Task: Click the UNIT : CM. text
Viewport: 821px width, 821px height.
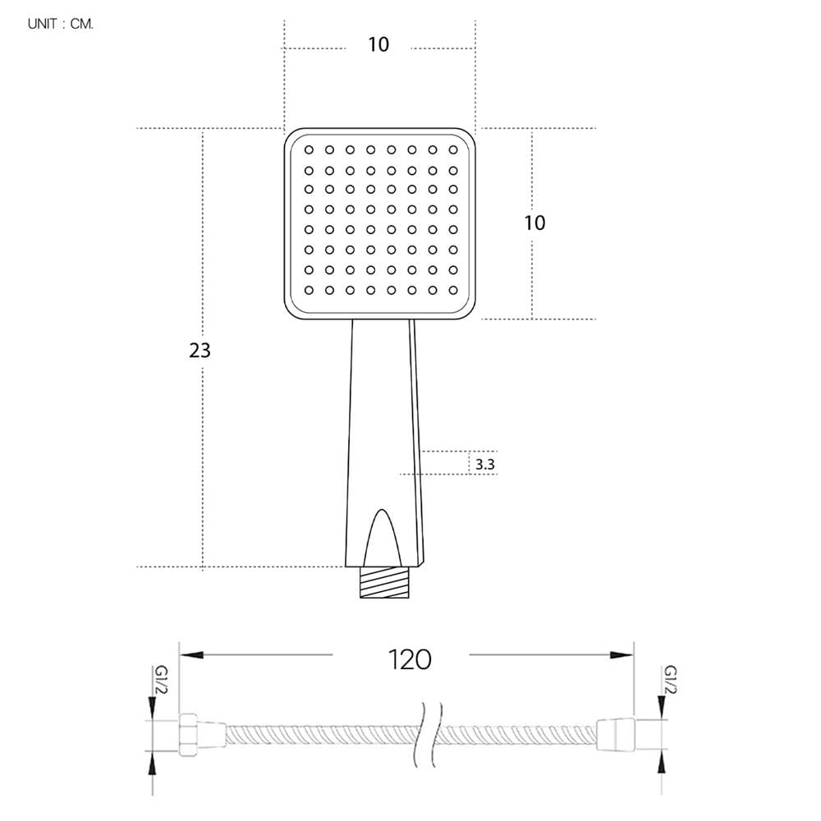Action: (61, 24)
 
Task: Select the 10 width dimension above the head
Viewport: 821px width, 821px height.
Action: (378, 44)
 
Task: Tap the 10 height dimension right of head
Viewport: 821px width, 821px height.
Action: (535, 223)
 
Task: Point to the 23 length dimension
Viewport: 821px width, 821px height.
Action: (200, 351)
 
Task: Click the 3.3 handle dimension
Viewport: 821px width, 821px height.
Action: (485, 465)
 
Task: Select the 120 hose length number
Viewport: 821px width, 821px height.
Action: (410, 660)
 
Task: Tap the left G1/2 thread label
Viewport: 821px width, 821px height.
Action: (161, 680)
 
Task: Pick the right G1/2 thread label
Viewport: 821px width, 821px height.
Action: (670, 680)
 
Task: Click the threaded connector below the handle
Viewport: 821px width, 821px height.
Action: (384, 582)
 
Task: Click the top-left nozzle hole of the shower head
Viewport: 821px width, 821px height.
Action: (309, 149)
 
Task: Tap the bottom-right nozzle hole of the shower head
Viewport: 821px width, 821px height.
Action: (453, 290)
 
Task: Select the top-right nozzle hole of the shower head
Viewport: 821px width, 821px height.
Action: (453, 149)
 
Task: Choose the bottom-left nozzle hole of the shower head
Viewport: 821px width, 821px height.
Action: (309, 290)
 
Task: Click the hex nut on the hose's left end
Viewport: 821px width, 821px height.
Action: (188, 735)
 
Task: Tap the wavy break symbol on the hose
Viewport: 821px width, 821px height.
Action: (429, 735)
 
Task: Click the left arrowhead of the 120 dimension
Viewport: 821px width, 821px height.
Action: (191, 655)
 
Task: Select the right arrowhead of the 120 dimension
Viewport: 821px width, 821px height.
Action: (621, 655)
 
